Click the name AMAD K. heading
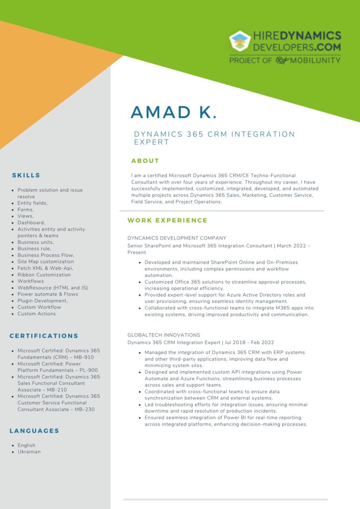[173, 112]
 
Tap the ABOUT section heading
[145, 161]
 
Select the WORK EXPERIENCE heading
[167, 220]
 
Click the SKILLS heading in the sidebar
[26, 175]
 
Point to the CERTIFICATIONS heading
[44, 336]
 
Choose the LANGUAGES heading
[34, 431]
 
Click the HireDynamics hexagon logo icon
[240, 41]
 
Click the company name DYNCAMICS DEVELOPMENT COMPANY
[177, 238]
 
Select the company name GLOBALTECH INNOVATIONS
[164, 335]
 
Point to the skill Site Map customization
[45, 262]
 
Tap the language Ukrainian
[29, 452]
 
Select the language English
[26, 445]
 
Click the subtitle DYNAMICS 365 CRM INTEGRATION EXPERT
[214, 138]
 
